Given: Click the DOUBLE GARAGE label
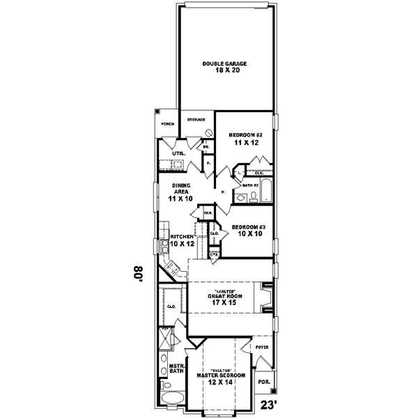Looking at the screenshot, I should pyautogui.click(x=225, y=63).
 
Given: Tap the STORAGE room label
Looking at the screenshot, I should pyautogui.click(x=196, y=120).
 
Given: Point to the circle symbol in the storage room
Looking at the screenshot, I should pyautogui.click(x=208, y=132).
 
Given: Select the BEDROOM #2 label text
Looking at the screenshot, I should pyautogui.click(x=245, y=134).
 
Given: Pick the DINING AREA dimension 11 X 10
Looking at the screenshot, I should pyautogui.click(x=180, y=199).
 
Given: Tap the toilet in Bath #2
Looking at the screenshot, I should pyautogui.click(x=253, y=198).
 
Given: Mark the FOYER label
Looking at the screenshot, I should pyautogui.click(x=262, y=346).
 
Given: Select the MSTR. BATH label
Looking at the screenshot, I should pyautogui.click(x=176, y=369).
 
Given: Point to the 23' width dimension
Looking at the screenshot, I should pyautogui.click(x=268, y=405).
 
